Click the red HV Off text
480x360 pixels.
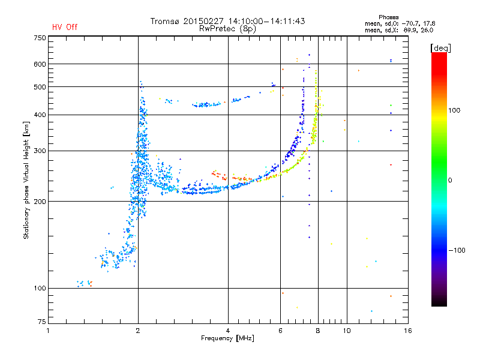tap(65, 27)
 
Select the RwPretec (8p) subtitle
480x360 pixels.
tap(227, 29)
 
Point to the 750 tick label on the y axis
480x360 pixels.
tap(40, 38)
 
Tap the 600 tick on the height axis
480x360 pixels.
tap(40, 64)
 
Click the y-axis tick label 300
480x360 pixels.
tap(40, 151)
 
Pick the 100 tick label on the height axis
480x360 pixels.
tap(40, 289)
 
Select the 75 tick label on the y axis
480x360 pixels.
tap(42, 322)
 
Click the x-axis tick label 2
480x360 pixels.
tap(138, 331)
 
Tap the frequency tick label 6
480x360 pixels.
tap(280, 331)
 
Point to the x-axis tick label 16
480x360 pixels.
tap(408, 331)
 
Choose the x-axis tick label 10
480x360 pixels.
tap(347, 331)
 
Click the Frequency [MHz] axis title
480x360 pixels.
tap(227, 338)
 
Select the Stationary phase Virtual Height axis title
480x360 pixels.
tap(26, 181)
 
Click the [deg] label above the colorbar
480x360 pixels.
tap(440, 49)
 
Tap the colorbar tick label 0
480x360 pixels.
tap(450, 181)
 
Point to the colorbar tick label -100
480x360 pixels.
tap(457, 250)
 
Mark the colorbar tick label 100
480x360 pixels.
tap(454, 110)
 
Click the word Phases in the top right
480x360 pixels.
tap(388, 17)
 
